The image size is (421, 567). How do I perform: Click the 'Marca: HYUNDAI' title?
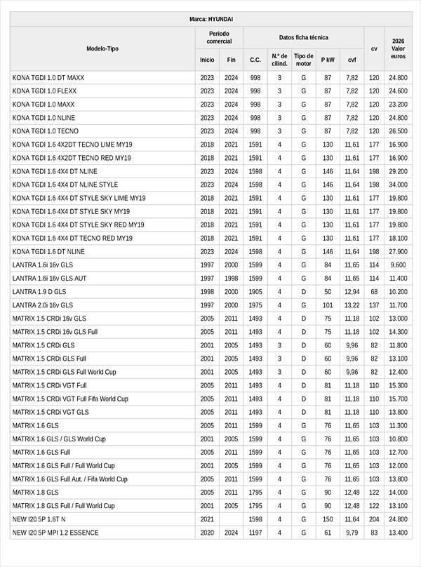tap(211, 19)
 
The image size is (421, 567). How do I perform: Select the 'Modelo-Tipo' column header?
tap(102, 48)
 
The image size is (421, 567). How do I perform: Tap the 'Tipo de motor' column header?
tap(304, 59)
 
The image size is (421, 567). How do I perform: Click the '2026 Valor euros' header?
tap(398, 48)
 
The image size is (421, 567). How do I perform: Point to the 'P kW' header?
tap(328, 60)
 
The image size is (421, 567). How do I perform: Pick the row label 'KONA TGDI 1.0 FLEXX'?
tap(44, 91)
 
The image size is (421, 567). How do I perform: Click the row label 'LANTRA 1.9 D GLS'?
tap(39, 291)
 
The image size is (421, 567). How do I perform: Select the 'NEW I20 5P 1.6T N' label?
tap(39, 519)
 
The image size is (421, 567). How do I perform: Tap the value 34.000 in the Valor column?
tap(398, 185)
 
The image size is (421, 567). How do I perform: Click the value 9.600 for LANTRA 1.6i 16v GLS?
tap(398, 265)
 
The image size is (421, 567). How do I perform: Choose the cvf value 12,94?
tap(352, 291)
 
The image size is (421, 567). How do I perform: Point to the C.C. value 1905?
tap(255, 291)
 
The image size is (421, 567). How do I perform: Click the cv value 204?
tap(374, 519)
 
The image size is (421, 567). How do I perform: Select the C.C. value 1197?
tap(255, 533)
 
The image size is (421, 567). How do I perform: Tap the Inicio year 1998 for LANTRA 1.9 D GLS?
tap(207, 291)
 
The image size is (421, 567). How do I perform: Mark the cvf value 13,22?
tap(352, 305)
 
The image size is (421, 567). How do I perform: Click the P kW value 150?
tap(328, 519)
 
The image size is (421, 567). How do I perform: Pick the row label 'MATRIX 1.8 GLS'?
tap(36, 493)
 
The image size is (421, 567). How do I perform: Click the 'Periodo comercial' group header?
tap(220, 38)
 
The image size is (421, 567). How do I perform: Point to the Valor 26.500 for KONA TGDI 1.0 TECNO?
tap(398, 131)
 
